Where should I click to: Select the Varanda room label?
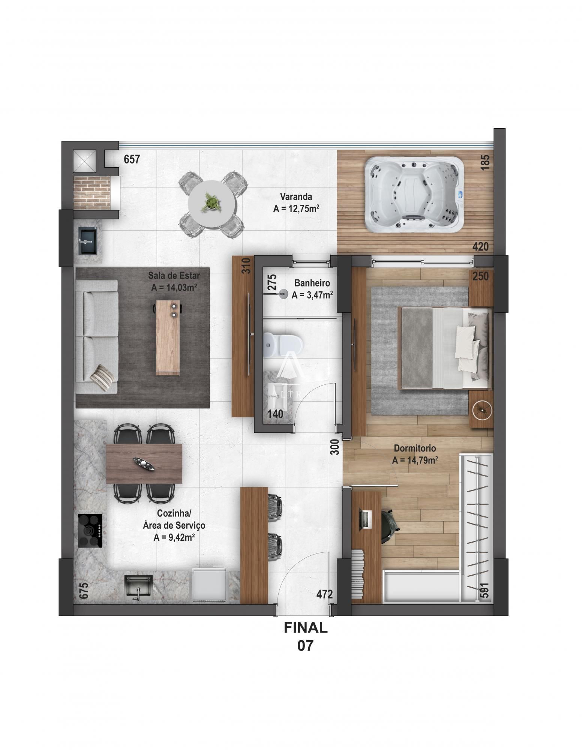click(296, 196)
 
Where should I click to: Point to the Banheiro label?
click(312, 283)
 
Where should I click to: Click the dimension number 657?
click(132, 159)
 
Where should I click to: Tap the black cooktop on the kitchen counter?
click(90, 530)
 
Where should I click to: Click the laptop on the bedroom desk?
click(365, 519)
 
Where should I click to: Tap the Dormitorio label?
click(414, 448)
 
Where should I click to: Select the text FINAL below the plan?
click(305, 627)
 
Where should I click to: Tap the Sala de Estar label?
click(174, 276)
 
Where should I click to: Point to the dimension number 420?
click(480, 247)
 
